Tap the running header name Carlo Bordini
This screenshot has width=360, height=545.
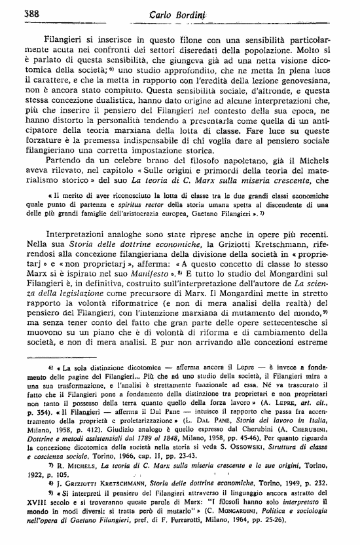point(178,15)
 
